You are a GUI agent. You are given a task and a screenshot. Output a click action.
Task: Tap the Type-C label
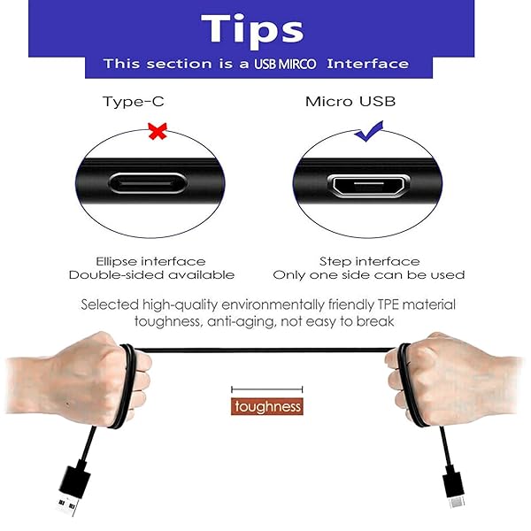pos(133,101)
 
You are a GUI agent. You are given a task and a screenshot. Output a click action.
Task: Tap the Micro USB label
pos(350,101)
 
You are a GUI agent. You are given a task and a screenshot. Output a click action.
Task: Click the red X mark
pos(158,132)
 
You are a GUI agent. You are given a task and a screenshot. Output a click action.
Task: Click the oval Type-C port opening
pos(148,184)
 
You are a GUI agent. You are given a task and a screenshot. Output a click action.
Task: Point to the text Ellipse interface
pos(150,261)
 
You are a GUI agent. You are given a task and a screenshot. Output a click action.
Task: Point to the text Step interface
pos(369,261)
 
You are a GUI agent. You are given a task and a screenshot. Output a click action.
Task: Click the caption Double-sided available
pos(151,275)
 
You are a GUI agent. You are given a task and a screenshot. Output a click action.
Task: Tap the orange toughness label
pos(266,407)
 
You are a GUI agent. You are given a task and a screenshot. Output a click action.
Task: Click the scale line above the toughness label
pos(266,389)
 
